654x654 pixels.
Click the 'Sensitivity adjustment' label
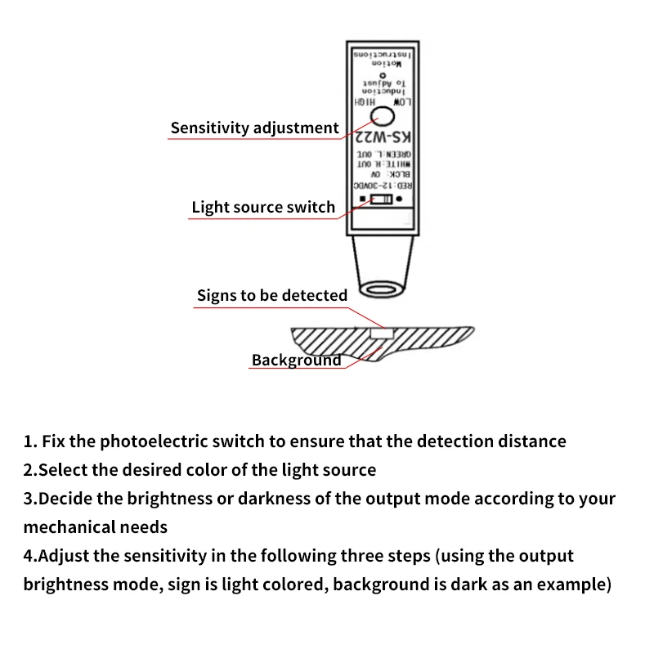coord(254,128)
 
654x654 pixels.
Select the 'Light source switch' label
coord(263,208)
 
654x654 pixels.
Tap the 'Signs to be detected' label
coord(272,296)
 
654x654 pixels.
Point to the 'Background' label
coord(297,361)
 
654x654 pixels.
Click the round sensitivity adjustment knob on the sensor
coord(384,116)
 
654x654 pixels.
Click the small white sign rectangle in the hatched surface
coord(382,334)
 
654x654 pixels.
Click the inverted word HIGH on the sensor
coord(365,103)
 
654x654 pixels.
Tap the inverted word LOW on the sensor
coord(402,103)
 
